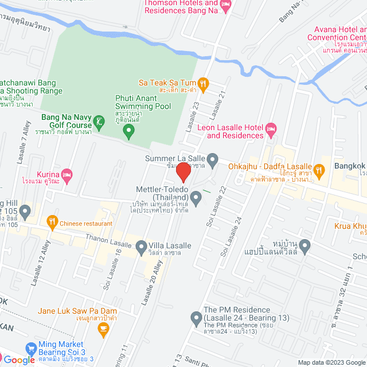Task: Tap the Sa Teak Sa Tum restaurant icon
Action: (202, 83)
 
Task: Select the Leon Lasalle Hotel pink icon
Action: (271, 131)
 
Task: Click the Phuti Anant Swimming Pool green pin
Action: (129, 132)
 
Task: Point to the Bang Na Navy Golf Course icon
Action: (100, 122)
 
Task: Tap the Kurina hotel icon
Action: (67, 174)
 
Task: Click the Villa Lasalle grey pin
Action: (142, 248)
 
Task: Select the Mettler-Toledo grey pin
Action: (196, 199)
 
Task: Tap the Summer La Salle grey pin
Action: (213, 158)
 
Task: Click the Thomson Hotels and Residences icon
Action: (226, 6)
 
